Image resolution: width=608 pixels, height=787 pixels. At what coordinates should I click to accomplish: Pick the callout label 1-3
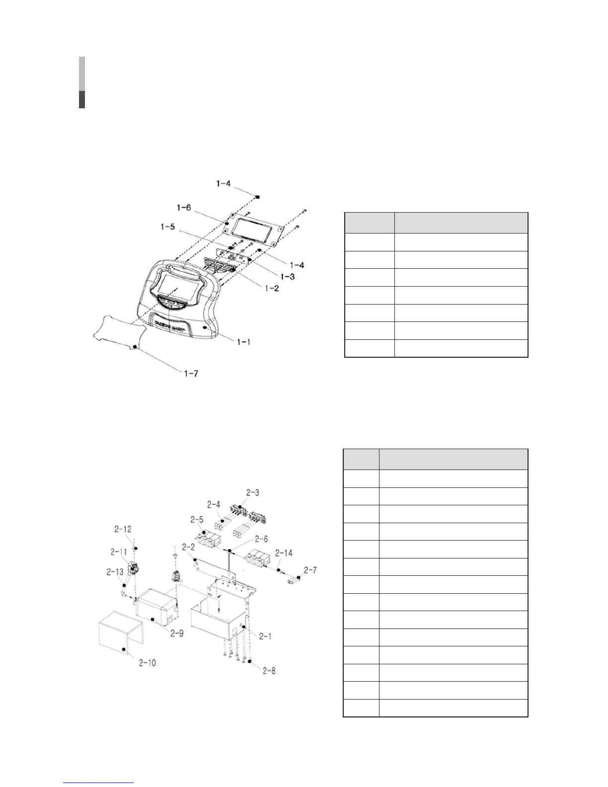click(x=287, y=276)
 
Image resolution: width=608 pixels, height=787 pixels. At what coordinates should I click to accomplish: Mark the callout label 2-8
click(x=269, y=671)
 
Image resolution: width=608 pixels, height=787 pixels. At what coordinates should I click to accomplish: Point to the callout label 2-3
click(x=252, y=492)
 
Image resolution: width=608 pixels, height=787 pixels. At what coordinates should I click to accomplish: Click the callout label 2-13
click(x=114, y=572)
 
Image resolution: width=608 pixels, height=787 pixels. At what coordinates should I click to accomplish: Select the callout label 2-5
click(x=197, y=520)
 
